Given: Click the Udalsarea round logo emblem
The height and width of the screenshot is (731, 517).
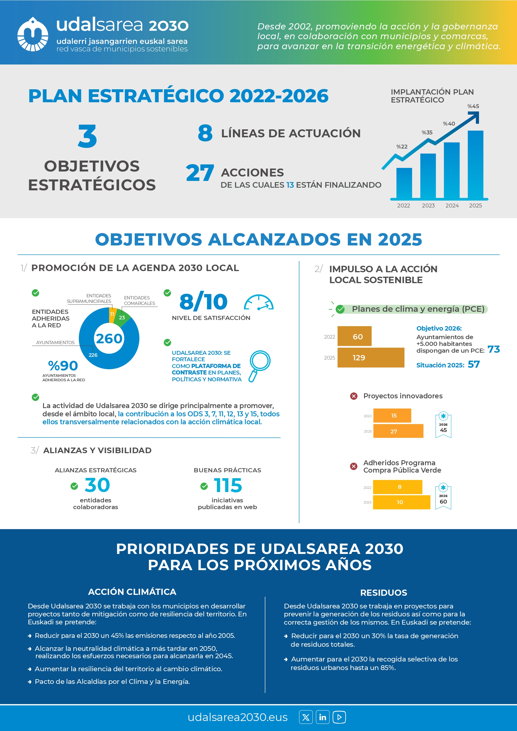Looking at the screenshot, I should point(32,34).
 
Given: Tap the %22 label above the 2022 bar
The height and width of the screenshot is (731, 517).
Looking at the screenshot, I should point(402,147).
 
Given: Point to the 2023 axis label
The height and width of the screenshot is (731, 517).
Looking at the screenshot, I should point(428,206).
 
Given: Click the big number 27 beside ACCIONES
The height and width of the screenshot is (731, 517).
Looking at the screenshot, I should point(200,173).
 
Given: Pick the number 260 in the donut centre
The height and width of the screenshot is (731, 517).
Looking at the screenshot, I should point(109,339).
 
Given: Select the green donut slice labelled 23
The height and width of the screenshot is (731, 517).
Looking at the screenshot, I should point(122,317).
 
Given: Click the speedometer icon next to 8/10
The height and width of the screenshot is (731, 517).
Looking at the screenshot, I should point(259,303).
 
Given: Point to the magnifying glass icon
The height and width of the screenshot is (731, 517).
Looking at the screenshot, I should point(259,365).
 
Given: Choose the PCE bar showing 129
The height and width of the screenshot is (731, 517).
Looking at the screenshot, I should point(371,357).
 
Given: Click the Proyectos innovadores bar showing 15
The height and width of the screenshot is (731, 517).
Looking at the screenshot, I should point(392,415).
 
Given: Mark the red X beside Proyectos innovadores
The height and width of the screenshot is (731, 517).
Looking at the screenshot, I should point(354,396).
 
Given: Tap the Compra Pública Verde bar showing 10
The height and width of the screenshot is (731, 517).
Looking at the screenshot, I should point(401,502).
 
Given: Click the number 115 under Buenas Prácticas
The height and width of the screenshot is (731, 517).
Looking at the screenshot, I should point(228,486).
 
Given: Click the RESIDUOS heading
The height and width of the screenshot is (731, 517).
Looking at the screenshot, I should point(383,593).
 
